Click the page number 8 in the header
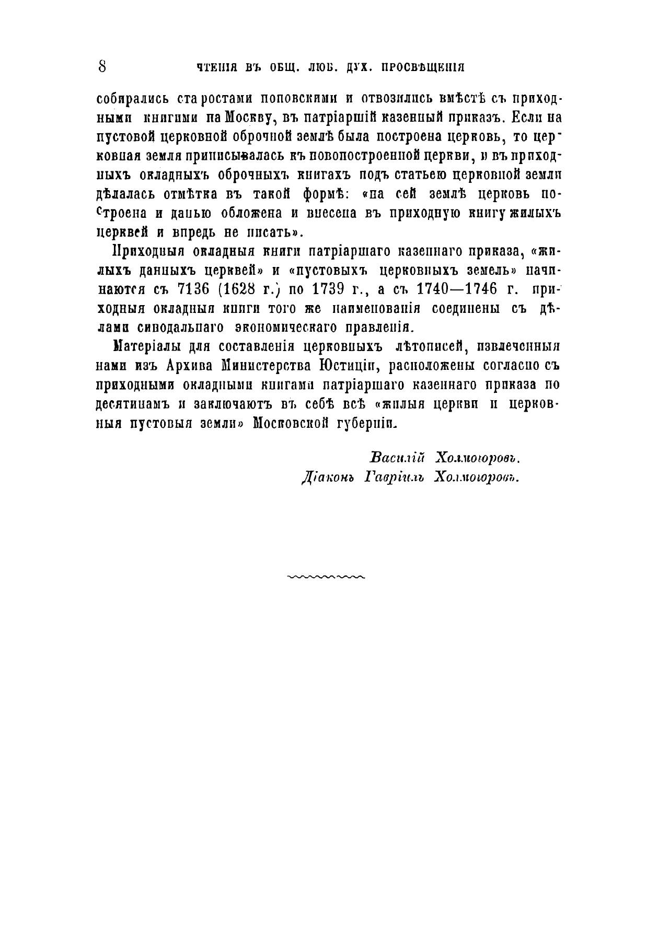[x=102, y=66]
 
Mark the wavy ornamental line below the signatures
[x=326, y=577]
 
